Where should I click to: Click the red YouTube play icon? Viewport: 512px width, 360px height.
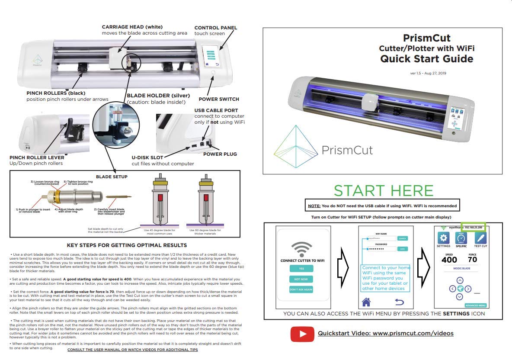(302, 334)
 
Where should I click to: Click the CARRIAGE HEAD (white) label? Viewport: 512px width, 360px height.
(132, 27)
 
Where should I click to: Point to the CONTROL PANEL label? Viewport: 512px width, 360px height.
(215, 28)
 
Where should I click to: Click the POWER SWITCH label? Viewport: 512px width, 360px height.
(218, 99)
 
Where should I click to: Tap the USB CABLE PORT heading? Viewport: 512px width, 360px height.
(216, 110)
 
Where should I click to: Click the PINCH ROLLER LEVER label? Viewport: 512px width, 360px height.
(35, 157)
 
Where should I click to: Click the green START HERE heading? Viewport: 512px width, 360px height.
(383, 191)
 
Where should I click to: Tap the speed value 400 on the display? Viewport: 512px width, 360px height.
(449, 260)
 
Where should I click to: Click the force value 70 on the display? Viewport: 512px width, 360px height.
(472, 260)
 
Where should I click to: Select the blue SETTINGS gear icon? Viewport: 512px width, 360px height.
(443, 238)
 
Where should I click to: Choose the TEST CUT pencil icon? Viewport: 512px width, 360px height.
(480, 238)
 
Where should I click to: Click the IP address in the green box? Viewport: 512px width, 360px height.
(474, 227)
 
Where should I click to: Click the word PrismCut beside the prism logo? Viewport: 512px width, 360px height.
(347, 150)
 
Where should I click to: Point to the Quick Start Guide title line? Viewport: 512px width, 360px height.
(426, 59)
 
